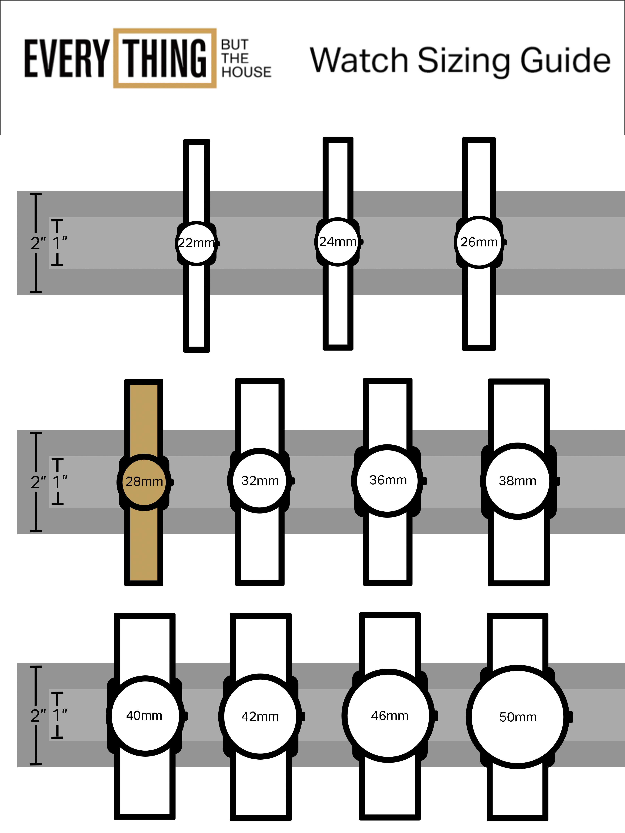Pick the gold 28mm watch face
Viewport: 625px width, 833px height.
(x=144, y=482)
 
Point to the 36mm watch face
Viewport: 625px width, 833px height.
(x=388, y=481)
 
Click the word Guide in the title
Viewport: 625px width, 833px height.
(x=565, y=60)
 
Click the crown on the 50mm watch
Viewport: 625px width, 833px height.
(x=570, y=717)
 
